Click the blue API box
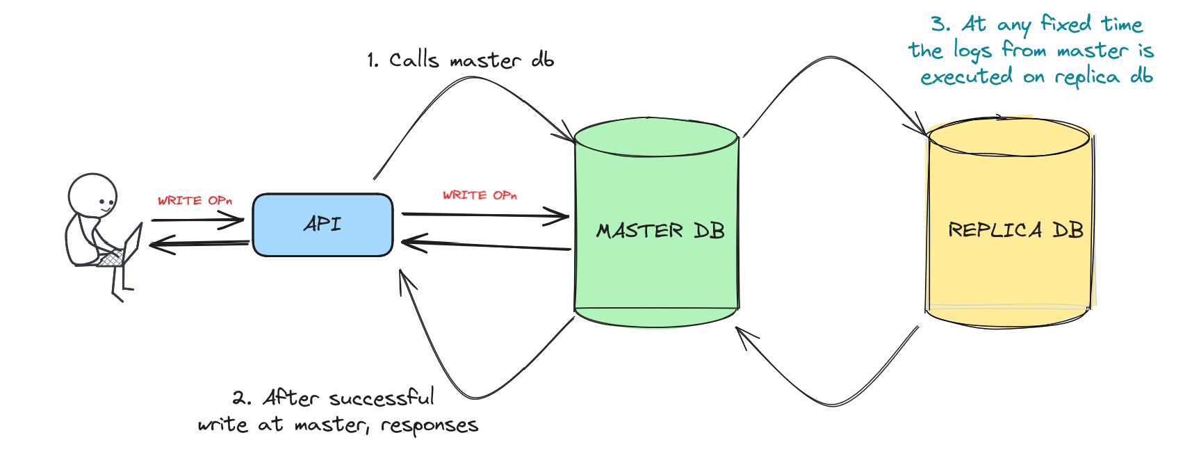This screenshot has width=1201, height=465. click(322, 225)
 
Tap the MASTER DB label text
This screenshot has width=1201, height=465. click(660, 231)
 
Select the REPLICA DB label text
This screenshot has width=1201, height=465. click(1015, 230)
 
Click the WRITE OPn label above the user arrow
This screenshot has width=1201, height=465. click(195, 201)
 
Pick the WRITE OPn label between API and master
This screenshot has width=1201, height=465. click(480, 195)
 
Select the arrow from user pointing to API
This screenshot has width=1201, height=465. click(197, 220)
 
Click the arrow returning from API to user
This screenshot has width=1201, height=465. click(199, 243)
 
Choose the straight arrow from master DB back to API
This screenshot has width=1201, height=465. click(487, 245)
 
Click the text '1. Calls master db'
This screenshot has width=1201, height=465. click(460, 60)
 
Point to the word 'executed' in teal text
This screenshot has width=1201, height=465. click(966, 76)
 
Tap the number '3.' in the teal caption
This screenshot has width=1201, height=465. click(940, 24)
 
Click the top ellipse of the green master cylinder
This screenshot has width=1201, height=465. click(656, 137)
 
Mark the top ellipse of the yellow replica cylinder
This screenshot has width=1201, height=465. click(1009, 137)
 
